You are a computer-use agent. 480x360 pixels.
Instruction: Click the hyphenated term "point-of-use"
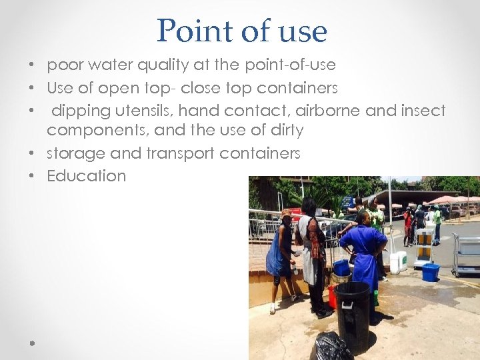[291, 65]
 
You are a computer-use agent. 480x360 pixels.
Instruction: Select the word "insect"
[423, 111]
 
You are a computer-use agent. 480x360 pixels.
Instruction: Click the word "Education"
[86, 176]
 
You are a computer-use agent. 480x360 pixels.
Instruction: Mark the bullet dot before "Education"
[31, 177]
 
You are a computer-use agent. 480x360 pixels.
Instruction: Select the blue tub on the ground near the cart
[430, 272]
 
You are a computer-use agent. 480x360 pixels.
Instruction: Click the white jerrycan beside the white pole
[399, 262]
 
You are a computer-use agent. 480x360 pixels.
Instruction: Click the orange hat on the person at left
[287, 213]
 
